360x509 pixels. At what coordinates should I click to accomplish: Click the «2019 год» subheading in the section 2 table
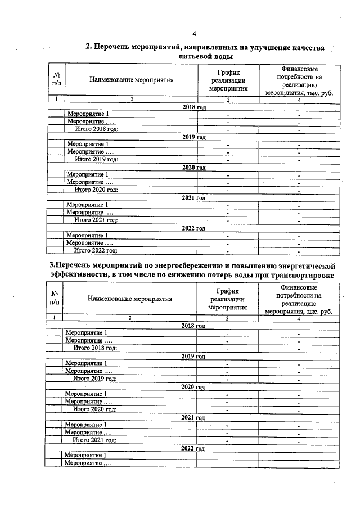point(195,137)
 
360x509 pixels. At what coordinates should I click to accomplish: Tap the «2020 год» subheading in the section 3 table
point(193,387)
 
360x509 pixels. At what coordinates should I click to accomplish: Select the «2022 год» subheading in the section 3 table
point(193,448)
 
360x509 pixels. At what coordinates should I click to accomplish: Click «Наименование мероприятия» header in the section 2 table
point(131,79)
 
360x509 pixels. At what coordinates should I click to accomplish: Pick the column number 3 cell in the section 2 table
point(228,100)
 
